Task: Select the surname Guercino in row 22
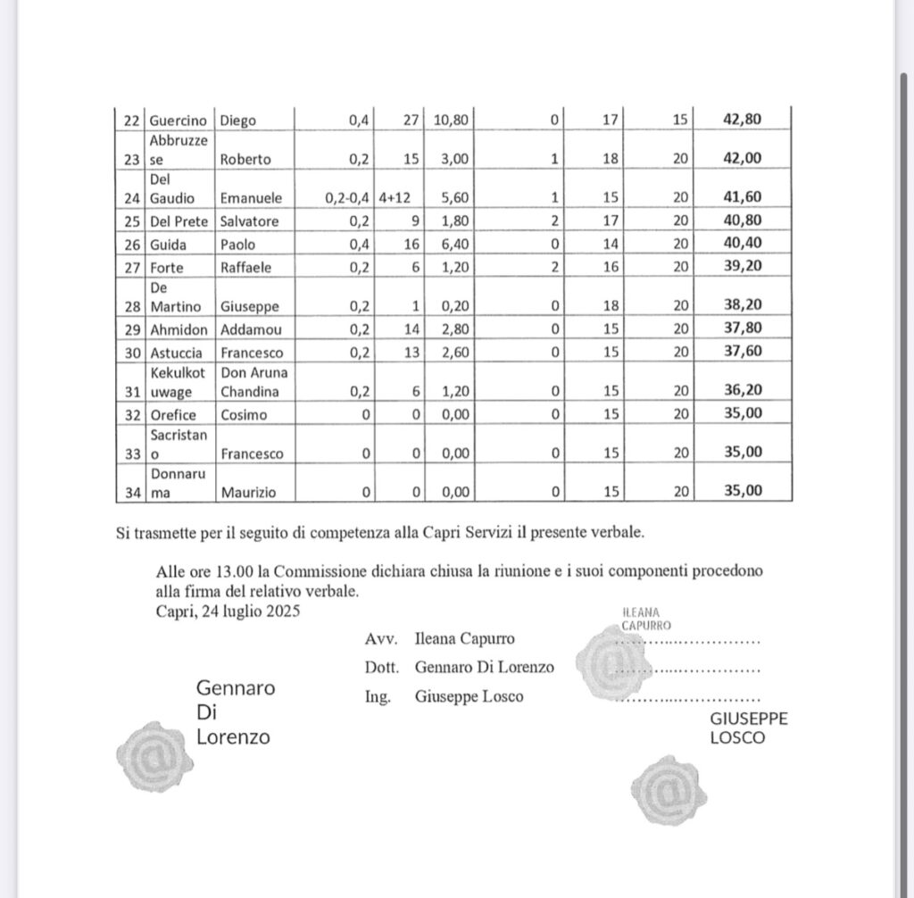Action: [x=179, y=121]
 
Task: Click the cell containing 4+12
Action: [x=400, y=197]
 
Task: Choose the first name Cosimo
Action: [x=242, y=414]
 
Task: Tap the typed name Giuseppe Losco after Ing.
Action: [x=469, y=697]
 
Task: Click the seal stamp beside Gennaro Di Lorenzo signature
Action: [x=155, y=758]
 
